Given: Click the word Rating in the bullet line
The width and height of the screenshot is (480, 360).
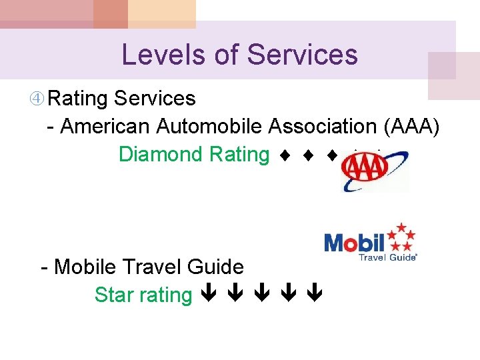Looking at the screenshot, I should click(x=78, y=99).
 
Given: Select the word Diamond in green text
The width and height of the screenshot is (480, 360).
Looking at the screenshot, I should click(x=160, y=154).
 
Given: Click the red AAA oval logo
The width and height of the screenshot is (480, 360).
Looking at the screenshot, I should click(x=364, y=172).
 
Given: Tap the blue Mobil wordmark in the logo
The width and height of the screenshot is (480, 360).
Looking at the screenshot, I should click(x=354, y=242).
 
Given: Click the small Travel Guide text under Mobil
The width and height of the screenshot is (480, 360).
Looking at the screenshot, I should click(x=388, y=257).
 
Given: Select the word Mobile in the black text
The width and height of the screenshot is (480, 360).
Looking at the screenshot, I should click(x=85, y=267).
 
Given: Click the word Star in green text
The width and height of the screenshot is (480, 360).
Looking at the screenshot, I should click(x=114, y=294).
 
